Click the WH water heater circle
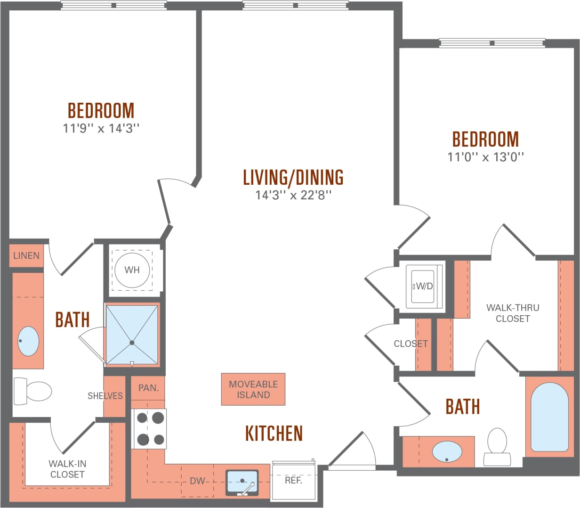[132, 270]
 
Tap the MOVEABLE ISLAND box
[253, 390]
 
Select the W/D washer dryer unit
[423, 286]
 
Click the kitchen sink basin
[242, 481]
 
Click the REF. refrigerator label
[293, 480]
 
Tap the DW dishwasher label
[198, 481]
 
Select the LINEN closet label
[26, 255]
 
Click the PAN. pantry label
[148, 388]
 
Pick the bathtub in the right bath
[549, 417]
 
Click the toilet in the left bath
[32, 391]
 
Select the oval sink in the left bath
[28, 341]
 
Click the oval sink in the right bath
[447, 451]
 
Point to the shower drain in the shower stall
[132, 343]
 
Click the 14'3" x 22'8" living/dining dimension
[293, 195]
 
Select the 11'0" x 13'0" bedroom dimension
[485, 157]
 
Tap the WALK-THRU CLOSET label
[513, 313]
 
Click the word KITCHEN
[274, 433]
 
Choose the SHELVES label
[105, 396]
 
